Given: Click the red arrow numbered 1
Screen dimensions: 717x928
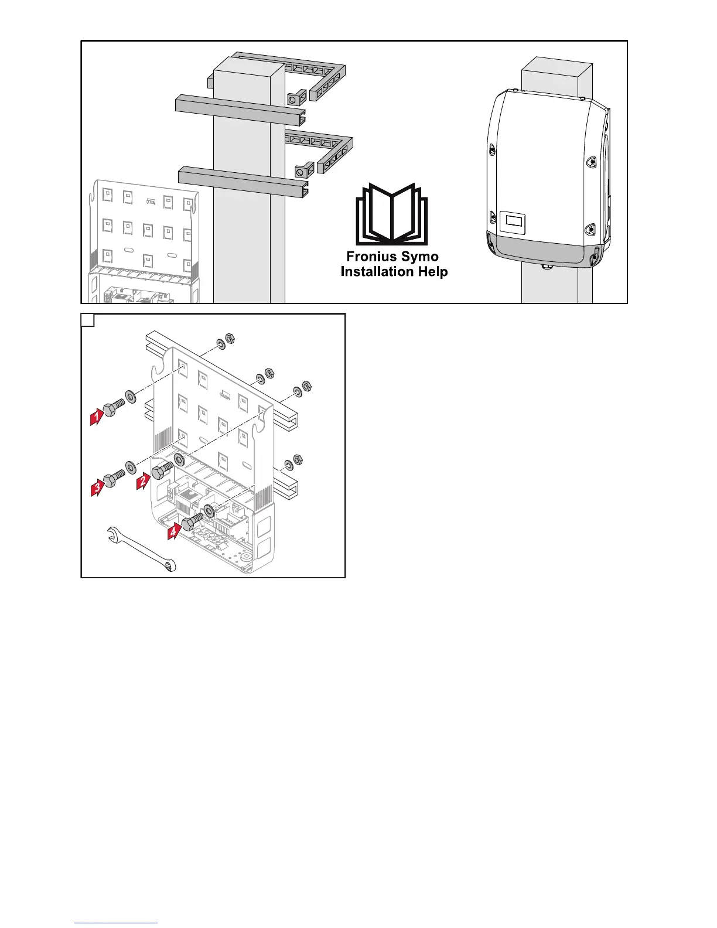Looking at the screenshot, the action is (x=96, y=417).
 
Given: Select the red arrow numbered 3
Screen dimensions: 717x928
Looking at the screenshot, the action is (x=97, y=487).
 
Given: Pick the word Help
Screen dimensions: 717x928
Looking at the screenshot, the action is (x=432, y=272).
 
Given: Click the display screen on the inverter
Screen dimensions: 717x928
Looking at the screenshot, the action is (x=512, y=221).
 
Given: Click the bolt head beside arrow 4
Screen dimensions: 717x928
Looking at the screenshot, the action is (x=189, y=523).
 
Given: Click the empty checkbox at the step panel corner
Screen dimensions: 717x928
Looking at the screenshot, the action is (x=87, y=320).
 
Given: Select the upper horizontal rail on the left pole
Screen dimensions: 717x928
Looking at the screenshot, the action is (x=240, y=111).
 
